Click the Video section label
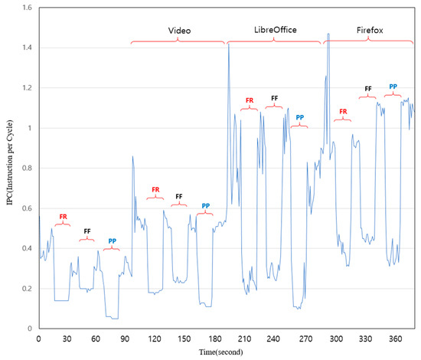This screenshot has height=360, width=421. pyautogui.click(x=179, y=31)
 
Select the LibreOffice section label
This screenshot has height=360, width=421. pyautogui.click(x=275, y=31)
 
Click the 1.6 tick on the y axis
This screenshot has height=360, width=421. pyautogui.click(x=27, y=8)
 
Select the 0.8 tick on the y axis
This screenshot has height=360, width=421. pyautogui.click(x=27, y=169)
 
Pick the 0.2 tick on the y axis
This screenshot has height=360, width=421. pyautogui.click(x=27, y=289)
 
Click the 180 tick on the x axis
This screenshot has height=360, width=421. pyautogui.click(x=217, y=338)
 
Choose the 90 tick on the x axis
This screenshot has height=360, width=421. pyautogui.click(x=128, y=338)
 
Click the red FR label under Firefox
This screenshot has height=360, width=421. pyautogui.click(x=344, y=112)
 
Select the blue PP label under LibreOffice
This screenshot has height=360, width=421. pyautogui.click(x=300, y=117)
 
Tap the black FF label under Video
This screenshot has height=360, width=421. pyautogui.click(x=179, y=196)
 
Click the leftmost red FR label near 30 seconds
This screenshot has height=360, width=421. pyautogui.click(x=63, y=217)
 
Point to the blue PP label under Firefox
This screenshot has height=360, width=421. pyautogui.click(x=393, y=87)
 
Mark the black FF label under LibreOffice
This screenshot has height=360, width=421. pyautogui.click(x=274, y=98)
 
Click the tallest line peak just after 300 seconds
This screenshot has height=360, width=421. pyautogui.click(x=328, y=34)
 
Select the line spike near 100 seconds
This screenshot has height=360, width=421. pyautogui.click(x=132, y=156)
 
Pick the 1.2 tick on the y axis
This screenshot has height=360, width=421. pyautogui.click(x=27, y=88)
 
